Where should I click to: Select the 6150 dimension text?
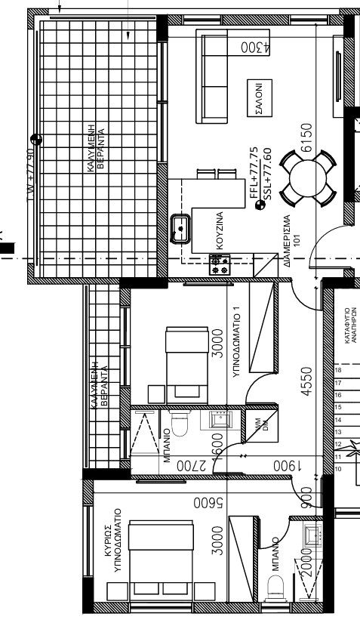coord(306,138)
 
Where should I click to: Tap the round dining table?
coord(308,177)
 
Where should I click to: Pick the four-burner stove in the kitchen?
coord(220,264)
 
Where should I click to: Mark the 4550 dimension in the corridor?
coord(306,382)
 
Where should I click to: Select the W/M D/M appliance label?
coord(260,425)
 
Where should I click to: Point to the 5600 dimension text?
coord(205,502)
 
